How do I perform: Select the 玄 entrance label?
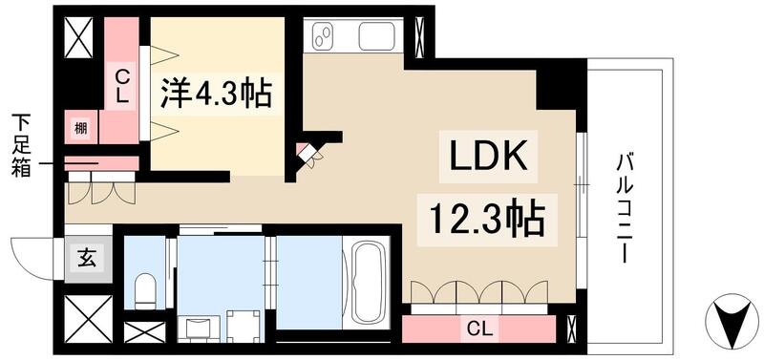86,257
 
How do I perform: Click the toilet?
145,286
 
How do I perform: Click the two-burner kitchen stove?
325,36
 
